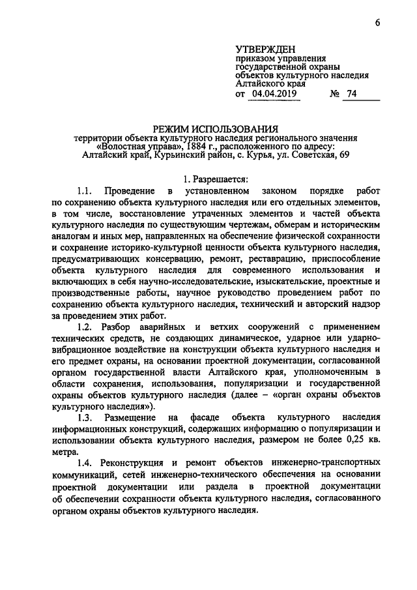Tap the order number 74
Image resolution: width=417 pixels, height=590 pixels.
[x=352, y=95]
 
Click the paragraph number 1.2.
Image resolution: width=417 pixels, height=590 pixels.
[x=87, y=327]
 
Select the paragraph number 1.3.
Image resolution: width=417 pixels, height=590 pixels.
[x=87, y=417]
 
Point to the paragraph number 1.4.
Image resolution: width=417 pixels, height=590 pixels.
[x=87, y=462]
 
